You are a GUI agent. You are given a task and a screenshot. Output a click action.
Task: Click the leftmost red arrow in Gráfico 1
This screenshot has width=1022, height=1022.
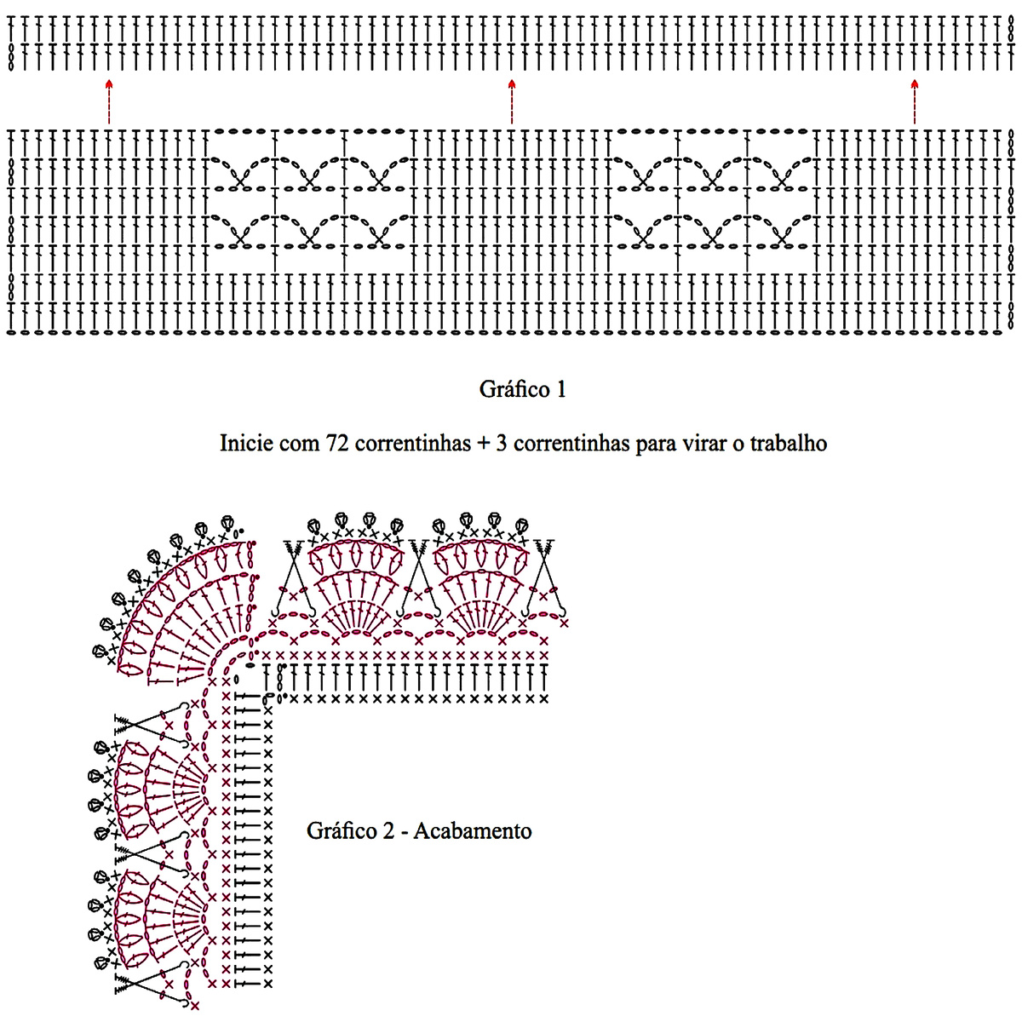(x=108, y=101)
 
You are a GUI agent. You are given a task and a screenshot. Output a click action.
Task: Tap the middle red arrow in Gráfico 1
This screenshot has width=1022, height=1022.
(x=512, y=101)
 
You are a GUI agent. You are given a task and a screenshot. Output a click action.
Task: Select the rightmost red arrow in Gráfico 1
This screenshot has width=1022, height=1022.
(x=915, y=101)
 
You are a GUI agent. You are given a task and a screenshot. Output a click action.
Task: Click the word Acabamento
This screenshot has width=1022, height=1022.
(x=473, y=831)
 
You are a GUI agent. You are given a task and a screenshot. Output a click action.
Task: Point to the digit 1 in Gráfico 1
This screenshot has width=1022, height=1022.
(x=560, y=390)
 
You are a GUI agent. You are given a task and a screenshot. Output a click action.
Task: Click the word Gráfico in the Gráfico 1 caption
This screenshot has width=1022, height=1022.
(x=514, y=390)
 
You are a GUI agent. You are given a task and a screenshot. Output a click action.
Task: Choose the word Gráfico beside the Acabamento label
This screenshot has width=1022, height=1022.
(x=342, y=831)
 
